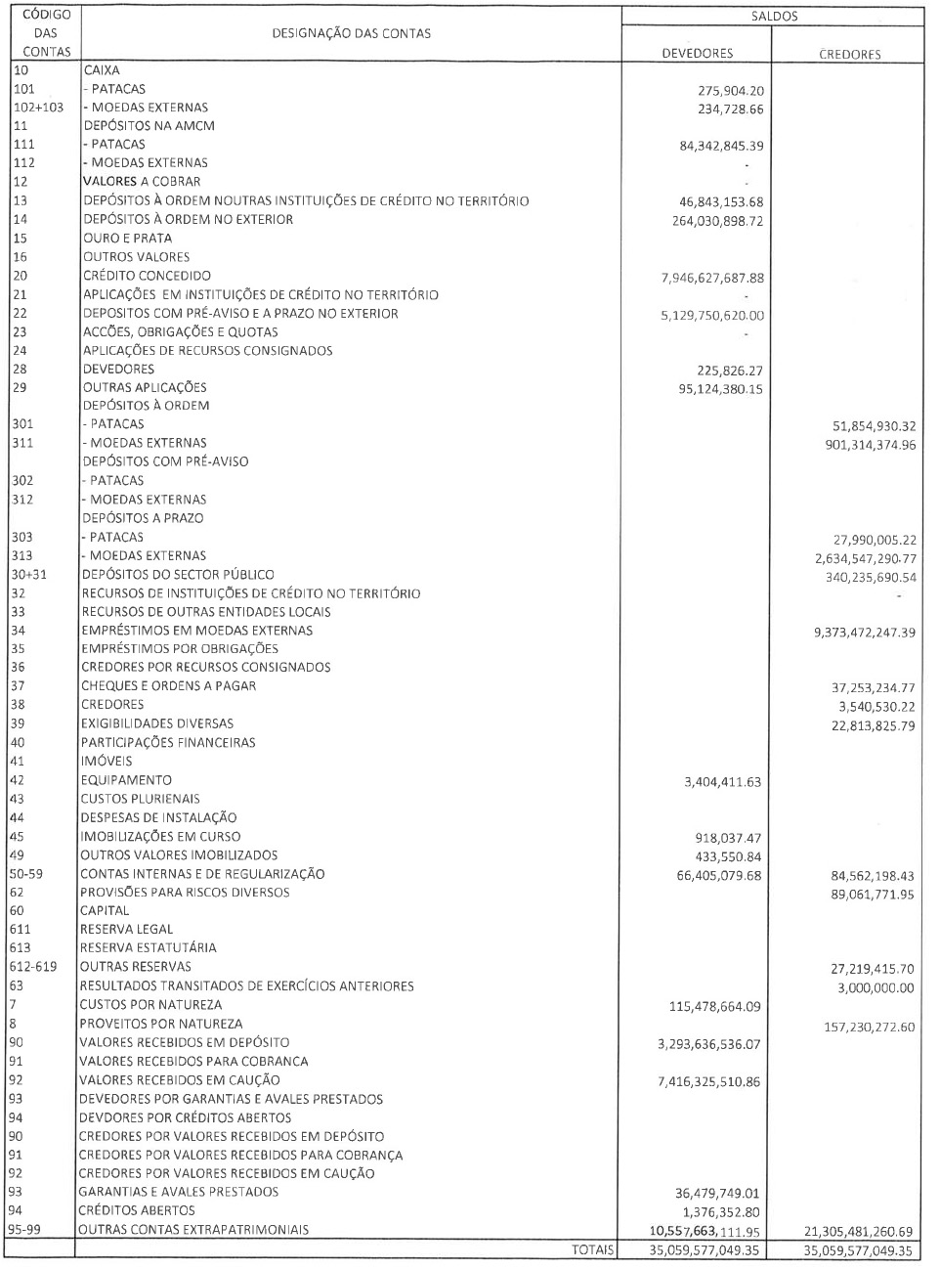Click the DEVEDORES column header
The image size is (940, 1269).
697,53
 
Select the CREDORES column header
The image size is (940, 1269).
849,54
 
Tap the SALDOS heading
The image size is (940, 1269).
775,17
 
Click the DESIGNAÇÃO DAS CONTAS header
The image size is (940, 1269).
352,33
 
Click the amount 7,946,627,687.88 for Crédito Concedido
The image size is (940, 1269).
712,278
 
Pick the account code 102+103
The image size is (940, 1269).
38,108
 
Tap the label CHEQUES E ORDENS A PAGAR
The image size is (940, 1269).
168,685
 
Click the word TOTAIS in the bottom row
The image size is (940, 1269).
595,1248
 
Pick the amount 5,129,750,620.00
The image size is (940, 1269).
712,316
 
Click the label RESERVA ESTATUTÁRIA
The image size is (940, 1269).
148,947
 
